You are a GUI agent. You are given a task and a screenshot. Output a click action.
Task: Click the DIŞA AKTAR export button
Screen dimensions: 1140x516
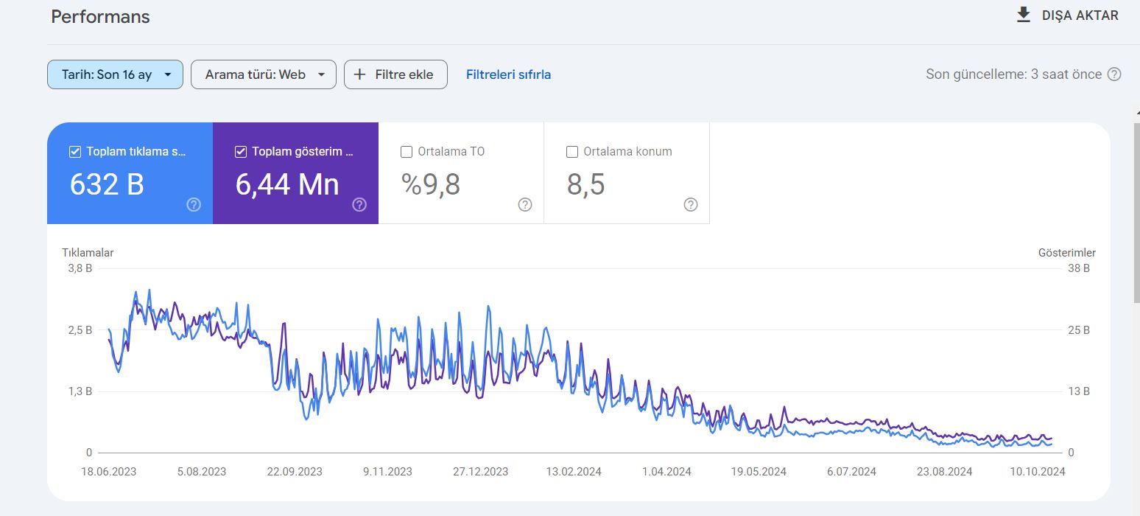click(1067, 15)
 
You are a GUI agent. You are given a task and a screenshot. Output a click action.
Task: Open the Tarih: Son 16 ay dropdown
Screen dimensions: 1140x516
click(115, 74)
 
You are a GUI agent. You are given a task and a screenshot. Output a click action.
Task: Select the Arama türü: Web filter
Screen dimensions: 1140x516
click(264, 74)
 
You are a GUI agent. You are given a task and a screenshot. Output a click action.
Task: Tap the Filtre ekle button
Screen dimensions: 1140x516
click(396, 74)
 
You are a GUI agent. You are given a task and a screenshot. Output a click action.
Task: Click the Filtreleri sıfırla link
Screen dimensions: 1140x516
click(508, 74)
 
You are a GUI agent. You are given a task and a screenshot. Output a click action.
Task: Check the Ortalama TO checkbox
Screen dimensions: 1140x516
click(406, 152)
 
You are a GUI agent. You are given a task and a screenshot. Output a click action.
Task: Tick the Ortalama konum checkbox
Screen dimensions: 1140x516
click(572, 152)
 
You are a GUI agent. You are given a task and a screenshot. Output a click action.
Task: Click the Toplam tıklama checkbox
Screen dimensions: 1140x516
click(75, 152)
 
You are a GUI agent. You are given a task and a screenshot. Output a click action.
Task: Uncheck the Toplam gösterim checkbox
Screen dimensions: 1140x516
click(241, 152)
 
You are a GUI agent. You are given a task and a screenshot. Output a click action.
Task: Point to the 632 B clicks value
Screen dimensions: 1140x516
click(107, 184)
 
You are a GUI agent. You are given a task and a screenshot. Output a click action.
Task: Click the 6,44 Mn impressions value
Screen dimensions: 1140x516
click(287, 184)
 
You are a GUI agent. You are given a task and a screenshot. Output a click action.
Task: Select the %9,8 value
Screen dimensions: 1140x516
click(431, 184)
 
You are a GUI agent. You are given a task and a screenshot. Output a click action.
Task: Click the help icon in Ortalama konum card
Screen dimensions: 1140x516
click(691, 205)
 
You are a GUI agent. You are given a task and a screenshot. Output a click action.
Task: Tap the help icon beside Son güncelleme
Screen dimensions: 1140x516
click(1114, 74)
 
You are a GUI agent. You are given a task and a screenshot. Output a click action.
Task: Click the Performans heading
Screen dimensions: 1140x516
click(100, 17)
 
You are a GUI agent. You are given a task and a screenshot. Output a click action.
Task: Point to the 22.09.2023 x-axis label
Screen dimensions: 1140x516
click(295, 472)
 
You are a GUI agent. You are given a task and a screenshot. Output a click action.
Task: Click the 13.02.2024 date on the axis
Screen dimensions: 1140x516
click(574, 472)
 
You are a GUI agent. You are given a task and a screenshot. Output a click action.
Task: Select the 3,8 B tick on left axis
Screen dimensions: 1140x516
click(80, 268)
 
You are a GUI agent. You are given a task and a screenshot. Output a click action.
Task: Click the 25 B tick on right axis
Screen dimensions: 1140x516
click(1079, 330)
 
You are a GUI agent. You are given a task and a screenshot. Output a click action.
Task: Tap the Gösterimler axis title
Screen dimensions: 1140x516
click(1066, 253)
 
